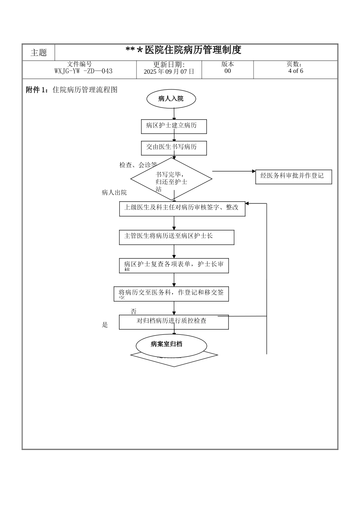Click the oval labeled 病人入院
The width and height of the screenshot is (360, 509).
pos(171,99)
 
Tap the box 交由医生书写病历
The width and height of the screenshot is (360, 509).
pos(174,148)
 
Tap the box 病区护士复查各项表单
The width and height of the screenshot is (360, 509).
pos(174,265)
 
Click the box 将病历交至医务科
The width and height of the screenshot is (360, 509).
pos(171,294)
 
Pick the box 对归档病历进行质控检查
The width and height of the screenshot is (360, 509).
pos(174,322)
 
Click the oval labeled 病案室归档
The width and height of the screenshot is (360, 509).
pos(171,345)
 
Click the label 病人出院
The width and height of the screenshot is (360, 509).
pos(114,193)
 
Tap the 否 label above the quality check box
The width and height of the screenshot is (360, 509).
pos(133,312)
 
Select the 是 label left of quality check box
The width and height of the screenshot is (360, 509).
pos(105,325)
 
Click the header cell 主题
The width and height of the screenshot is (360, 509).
pos(39,53)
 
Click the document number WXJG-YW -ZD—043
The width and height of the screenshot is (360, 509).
pos(83,71)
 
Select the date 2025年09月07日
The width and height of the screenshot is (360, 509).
pos(169,71)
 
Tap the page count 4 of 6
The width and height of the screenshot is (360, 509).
pos(296,71)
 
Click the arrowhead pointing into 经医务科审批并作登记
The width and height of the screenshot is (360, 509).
pos(254,171)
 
